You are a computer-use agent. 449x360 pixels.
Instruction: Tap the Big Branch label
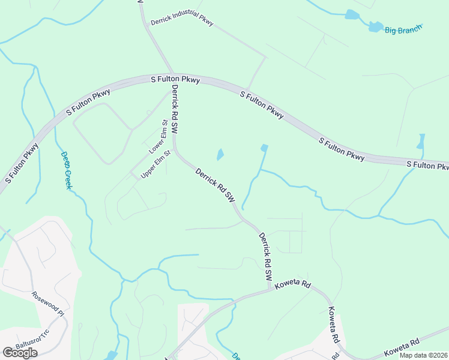coord(403,29)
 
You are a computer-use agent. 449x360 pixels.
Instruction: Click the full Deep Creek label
coord(66,170)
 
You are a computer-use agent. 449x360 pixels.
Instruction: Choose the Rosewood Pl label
coord(47,304)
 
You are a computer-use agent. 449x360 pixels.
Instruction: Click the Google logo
coord(20,353)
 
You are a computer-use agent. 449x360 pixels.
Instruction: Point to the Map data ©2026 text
coord(423,355)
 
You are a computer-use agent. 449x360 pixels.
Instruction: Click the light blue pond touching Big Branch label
coord(376,26)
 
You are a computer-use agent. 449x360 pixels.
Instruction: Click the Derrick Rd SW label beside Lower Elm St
coord(176,109)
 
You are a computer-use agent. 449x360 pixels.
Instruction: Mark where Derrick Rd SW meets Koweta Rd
coord(270,292)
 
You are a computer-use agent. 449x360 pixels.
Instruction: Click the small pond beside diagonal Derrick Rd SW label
coord(220,154)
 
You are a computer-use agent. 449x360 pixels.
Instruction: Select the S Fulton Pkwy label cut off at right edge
coord(427,165)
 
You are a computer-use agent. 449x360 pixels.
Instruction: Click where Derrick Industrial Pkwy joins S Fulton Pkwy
coord(249,88)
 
